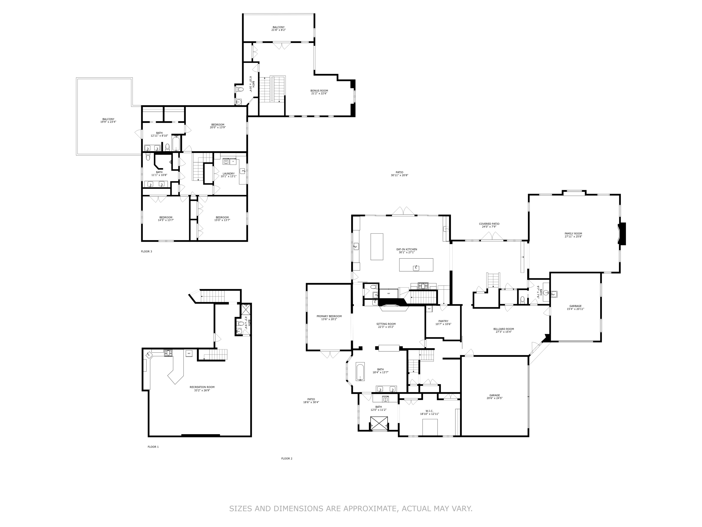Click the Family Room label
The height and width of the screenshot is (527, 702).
pyautogui.click(x=573, y=234)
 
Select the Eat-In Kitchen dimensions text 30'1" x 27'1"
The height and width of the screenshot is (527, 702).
pyautogui.click(x=407, y=252)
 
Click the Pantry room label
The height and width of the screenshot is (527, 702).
pyautogui.click(x=443, y=321)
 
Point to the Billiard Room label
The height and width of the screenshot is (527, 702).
pyautogui.click(x=503, y=329)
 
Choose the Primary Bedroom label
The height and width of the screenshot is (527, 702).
pyautogui.click(x=329, y=316)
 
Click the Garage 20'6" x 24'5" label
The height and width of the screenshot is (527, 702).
pyautogui.click(x=495, y=395)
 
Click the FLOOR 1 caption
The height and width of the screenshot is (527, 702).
pyautogui.click(x=153, y=447)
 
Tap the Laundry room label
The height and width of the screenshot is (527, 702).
pyautogui.click(x=229, y=173)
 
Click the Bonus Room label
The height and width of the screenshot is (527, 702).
pyautogui.click(x=319, y=91)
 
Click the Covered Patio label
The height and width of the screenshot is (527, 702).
pyautogui.click(x=489, y=224)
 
